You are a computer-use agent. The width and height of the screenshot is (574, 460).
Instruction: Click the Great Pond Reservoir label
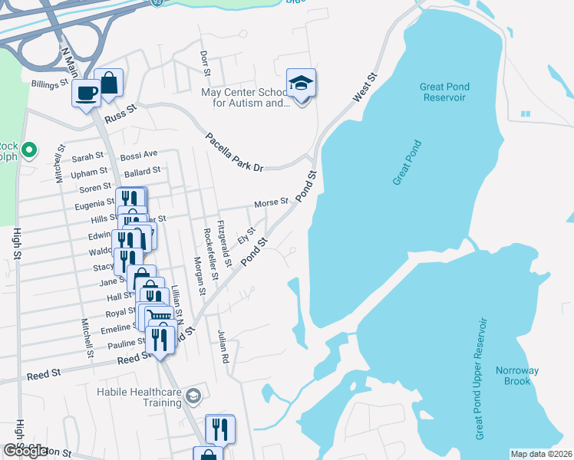[x=444, y=92]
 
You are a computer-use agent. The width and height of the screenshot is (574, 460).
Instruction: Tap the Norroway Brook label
[x=516, y=376]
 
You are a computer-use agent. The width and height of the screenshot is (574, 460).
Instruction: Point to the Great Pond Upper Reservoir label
[x=481, y=379]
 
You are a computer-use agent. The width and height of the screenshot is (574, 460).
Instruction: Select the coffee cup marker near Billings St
[x=86, y=94]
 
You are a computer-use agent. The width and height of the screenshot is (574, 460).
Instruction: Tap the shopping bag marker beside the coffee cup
[x=110, y=83]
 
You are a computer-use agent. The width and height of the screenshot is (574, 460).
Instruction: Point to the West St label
[x=366, y=88]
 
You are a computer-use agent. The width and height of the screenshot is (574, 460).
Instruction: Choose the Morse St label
[x=271, y=203]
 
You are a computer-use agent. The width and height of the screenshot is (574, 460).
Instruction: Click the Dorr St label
[x=205, y=64]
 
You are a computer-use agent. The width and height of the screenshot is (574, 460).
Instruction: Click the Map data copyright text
[x=542, y=454]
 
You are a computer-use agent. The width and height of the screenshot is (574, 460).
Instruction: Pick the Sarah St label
[x=87, y=156]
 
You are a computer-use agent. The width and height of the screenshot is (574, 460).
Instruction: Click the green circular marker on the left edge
[x=29, y=148]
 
